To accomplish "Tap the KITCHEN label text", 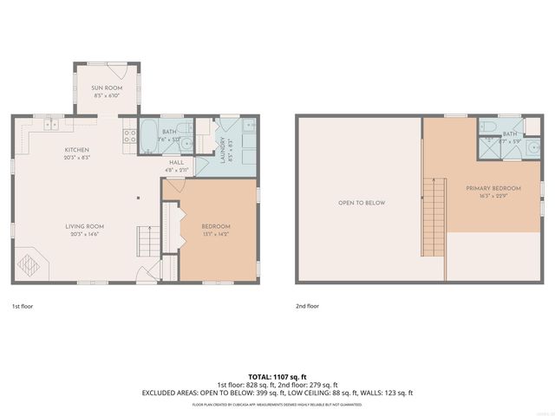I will pyautogui.click(x=76, y=150).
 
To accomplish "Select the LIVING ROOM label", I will pyautogui.click(x=85, y=227).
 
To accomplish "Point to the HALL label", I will pyautogui.click(x=177, y=162).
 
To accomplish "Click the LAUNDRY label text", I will pyautogui.click(x=223, y=150).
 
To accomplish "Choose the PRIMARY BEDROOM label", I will pyautogui.click(x=493, y=188).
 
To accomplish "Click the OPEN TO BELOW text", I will pyautogui.click(x=362, y=203).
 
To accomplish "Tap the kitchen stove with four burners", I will pyautogui.click(x=129, y=135).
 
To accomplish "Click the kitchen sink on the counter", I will pyautogui.click(x=52, y=124).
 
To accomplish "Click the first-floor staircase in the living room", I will pyautogui.click(x=149, y=239).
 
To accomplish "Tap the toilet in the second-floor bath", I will pyautogui.click(x=487, y=127).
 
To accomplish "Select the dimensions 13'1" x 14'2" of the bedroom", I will pyautogui.click(x=217, y=234).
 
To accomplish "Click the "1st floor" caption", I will pyautogui.click(x=22, y=306).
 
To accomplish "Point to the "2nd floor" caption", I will pyautogui.click(x=307, y=306).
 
